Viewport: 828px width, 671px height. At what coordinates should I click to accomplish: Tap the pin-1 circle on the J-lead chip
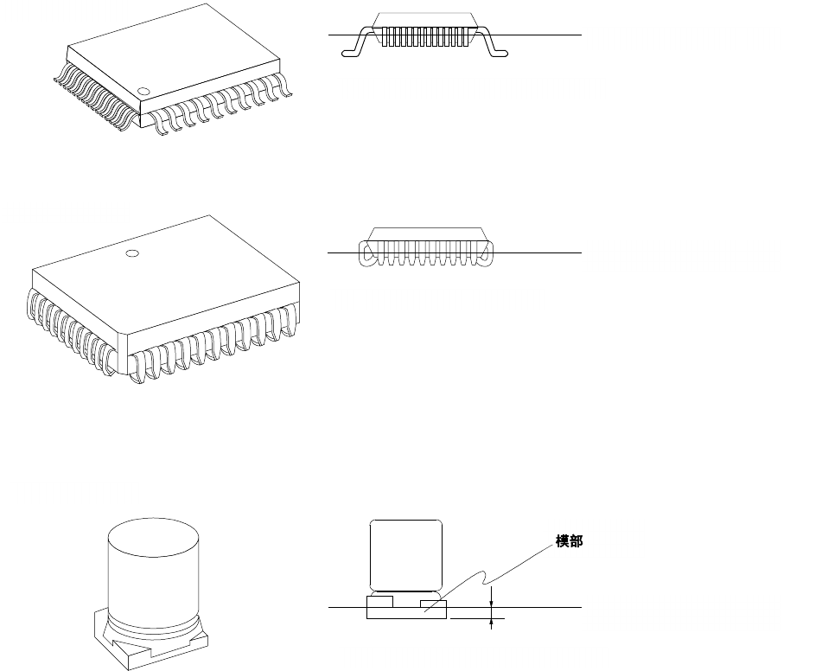[131, 253]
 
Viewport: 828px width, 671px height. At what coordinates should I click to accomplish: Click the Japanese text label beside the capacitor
[568, 541]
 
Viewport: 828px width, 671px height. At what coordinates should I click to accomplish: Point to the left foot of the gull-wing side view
[351, 54]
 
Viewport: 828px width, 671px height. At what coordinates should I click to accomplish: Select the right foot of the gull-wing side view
[499, 54]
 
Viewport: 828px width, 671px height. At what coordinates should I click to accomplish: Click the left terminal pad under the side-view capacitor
[380, 600]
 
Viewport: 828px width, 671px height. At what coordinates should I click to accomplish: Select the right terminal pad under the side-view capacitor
[432, 601]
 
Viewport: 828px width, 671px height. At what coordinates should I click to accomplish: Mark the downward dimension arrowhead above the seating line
[492, 602]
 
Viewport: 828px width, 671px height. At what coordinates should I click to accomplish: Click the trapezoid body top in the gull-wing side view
[424, 19]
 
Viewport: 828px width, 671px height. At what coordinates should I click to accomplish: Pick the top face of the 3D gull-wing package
[173, 52]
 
